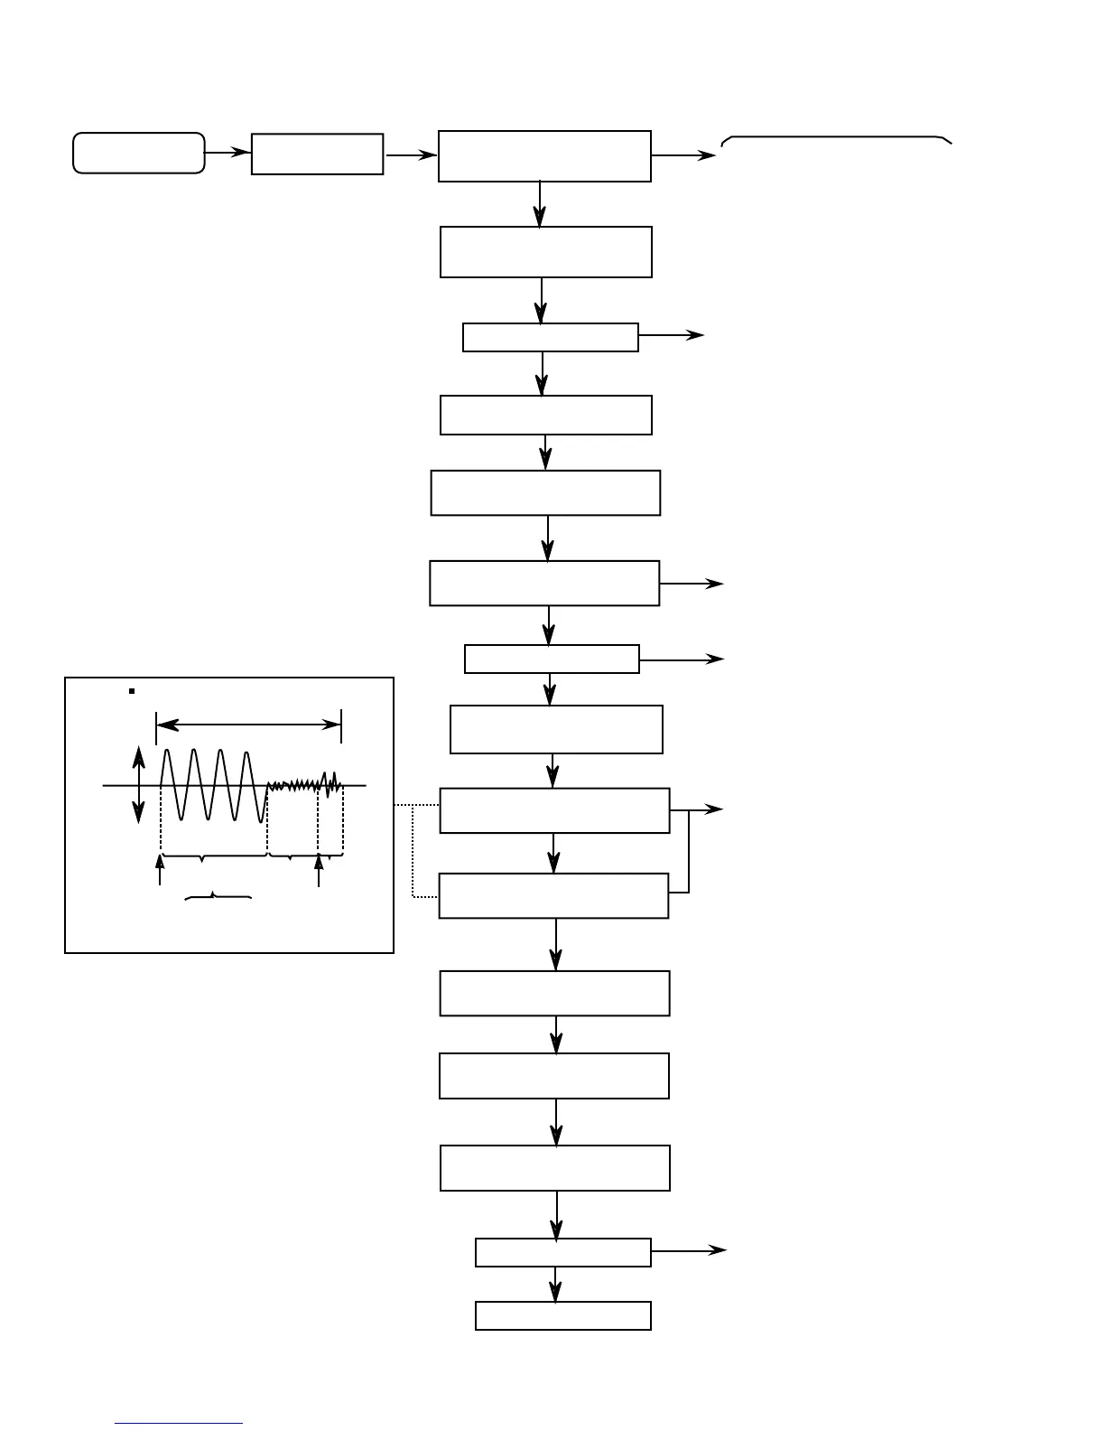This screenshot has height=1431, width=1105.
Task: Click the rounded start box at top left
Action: point(138,153)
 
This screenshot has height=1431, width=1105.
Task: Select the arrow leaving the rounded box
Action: point(227,153)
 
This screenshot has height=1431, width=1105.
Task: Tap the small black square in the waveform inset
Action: point(132,691)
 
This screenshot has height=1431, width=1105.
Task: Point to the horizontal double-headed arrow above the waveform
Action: point(248,725)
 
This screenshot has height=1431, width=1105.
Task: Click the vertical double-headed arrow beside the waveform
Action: point(138,784)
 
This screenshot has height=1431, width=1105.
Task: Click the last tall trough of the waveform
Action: point(263,818)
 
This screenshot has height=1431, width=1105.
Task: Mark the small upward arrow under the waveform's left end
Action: point(160,870)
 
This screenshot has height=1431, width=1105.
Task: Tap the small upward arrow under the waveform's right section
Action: point(319,871)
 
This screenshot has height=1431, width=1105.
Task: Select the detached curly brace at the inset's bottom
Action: point(218,896)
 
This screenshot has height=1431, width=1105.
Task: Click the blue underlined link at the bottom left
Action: point(179,1423)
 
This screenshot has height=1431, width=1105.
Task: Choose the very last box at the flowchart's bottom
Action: point(562,1315)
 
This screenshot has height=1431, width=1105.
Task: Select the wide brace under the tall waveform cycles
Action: point(214,855)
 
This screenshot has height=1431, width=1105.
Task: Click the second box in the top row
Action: point(317,154)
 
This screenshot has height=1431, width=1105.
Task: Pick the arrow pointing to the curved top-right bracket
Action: point(683,155)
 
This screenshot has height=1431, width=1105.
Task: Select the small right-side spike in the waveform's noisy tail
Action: point(335,779)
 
